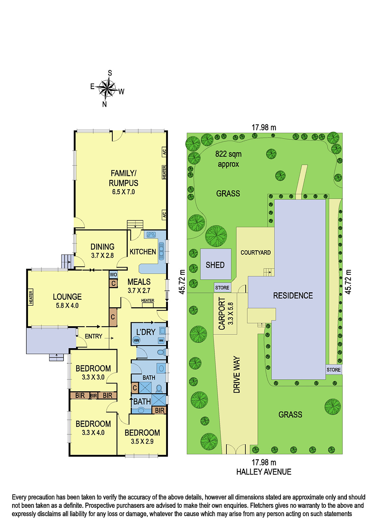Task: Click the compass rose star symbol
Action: (x=107, y=89)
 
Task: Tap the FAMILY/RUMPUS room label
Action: (x=124, y=178)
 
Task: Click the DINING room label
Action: (x=102, y=247)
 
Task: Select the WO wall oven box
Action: (x=113, y=274)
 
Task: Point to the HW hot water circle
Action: (x=136, y=341)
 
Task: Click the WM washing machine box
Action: (x=161, y=341)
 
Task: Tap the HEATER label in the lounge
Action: (x=31, y=297)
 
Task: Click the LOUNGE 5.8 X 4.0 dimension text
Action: (x=67, y=306)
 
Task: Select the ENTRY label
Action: (x=93, y=336)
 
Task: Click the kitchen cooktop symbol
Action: (x=151, y=235)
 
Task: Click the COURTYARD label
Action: (x=256, y=253)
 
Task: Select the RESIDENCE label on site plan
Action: (x=293, y=296)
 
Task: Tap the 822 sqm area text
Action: (x=228, y=154)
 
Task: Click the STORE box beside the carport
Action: (x=222, y=287)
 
